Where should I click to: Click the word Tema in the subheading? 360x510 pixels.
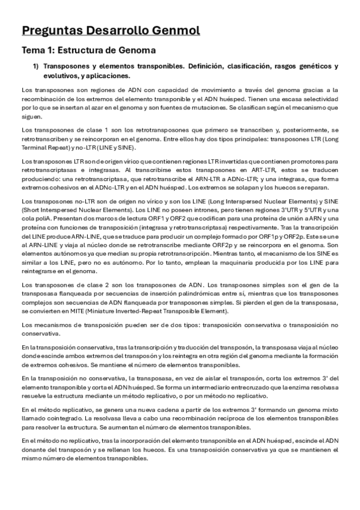[34, 51]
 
